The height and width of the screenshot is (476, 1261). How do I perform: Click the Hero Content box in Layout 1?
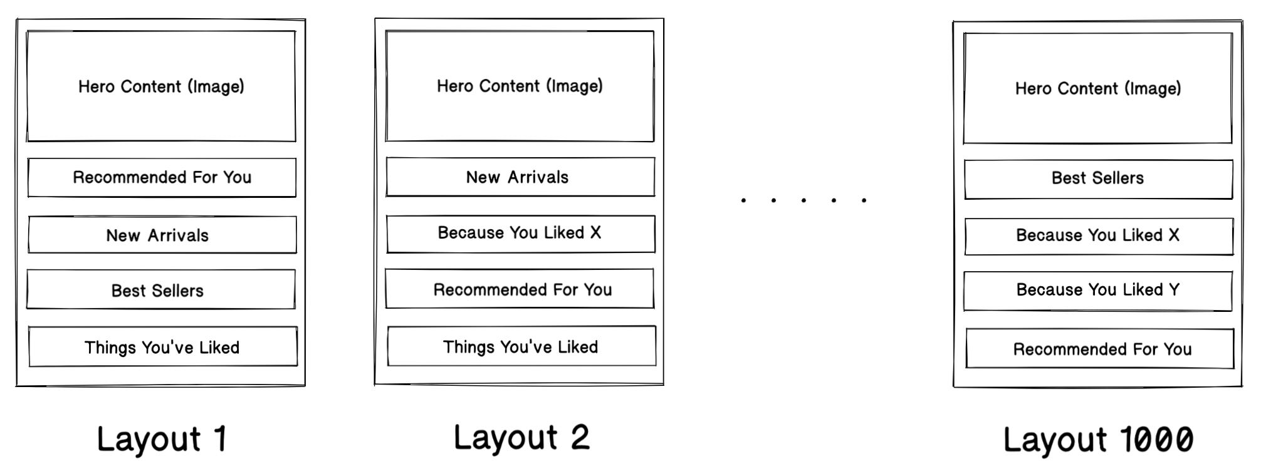pyautogui.click(x=161, y=86)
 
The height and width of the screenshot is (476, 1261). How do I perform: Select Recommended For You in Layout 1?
pyautogui.click(x=162, y=178)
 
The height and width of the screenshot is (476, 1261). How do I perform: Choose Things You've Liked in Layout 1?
pyautogui.click(x=162, y=347)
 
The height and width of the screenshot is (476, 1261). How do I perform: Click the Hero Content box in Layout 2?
pyautogui.click(x=520, y=86)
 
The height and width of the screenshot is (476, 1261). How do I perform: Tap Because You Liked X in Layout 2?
pyautogui.click(x=520, y=234)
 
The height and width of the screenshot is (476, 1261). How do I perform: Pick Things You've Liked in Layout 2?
pyautogui.click(x=521, y=346)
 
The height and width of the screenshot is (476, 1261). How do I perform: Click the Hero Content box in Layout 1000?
pyautogui.click(x=1097, y=88)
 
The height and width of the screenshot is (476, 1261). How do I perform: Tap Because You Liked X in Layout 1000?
pyautogui.click(x=1098, y=236)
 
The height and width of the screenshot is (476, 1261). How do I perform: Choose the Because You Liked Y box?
pyautogui.click(x=1097, y=291)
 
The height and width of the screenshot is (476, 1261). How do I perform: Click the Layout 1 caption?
pyautogui.click(x=161, y=438)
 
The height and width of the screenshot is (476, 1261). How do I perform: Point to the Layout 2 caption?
pyautogui.click(x=521, y=437)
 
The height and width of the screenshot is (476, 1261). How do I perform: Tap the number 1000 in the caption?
pyautogui.click(x=1156, y=439)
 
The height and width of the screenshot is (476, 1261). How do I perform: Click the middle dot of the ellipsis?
pyautogui.click(x=803, y=200)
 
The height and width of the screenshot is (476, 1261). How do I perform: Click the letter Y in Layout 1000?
pyautogui.click(x=1174, y=289)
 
